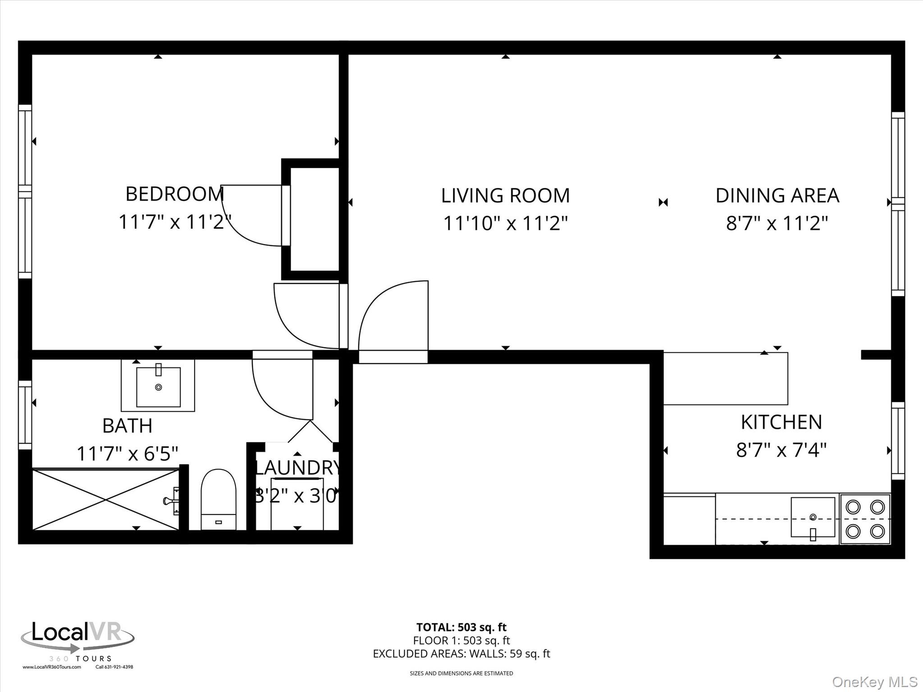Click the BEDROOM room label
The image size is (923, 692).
(x=174, y=194)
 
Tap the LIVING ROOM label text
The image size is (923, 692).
(x=505, y=196)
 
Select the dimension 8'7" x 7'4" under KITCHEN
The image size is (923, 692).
(x=781, y=450)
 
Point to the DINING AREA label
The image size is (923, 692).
(x=777, y=196)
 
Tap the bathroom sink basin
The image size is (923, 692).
(x=158, y=387)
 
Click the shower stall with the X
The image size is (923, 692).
(x=106, y=499)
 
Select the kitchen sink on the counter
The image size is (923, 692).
(x=813, y=517)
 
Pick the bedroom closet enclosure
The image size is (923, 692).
(x=315, y=219)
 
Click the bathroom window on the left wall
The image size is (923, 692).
(x=25, y=415)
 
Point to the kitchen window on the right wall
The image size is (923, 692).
(x=898, y=441)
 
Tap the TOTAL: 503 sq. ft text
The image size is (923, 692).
(x=461, y=627)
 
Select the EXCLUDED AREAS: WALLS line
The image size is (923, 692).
(x=461, y=654)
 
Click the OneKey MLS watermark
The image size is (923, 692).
(x=874, y=682)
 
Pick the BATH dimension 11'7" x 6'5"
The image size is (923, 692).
(x=128, y=453)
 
